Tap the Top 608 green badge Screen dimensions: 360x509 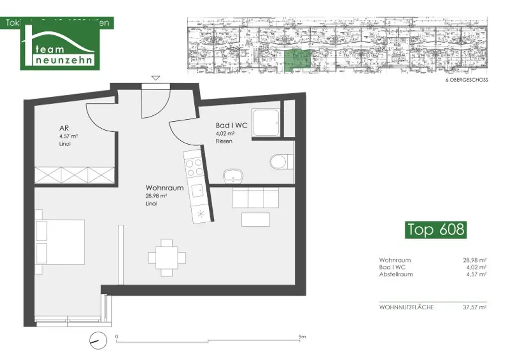[436, 229]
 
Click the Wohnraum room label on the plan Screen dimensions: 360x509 [165, 188]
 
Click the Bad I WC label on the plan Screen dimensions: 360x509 [231, 126]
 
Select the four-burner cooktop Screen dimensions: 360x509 [193, 165]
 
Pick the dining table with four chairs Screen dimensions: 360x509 [167, 257]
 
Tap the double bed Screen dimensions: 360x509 [59, 242]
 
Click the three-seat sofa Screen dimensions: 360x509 [256, 198]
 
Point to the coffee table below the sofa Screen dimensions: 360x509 [255, 219]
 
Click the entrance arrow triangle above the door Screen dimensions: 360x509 [156, 78]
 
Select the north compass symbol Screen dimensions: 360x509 [97, 341]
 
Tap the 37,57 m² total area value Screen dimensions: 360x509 [475, 307]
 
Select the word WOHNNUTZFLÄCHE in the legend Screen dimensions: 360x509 [406, 307]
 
